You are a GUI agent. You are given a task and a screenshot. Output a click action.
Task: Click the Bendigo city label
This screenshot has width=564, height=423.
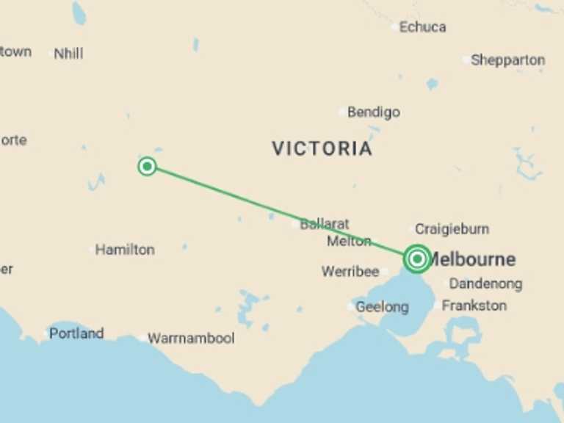click(374, 112)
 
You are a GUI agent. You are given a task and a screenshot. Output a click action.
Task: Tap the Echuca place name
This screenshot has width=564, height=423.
click(422, 27)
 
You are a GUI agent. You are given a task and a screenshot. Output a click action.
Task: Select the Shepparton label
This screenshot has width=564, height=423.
click(508, 60)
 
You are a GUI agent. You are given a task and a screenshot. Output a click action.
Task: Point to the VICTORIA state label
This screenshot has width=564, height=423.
click(322, 148)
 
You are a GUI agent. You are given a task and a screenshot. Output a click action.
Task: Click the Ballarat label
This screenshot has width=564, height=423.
click(325, 224)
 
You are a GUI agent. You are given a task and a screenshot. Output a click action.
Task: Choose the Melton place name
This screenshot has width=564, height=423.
click(349, 241)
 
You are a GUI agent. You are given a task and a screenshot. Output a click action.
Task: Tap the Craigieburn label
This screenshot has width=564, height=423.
click(452, 229)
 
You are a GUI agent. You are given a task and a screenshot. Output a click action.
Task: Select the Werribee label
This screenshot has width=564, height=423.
click(350, 272)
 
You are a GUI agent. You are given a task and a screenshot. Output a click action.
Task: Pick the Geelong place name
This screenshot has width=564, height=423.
click(382, 307)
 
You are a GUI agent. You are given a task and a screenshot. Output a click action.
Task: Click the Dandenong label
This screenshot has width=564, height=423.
click(485, 283)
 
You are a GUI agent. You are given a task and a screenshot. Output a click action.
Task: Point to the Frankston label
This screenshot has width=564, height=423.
click(474, 305)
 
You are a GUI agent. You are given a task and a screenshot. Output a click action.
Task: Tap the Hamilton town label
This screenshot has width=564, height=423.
click(125, 250)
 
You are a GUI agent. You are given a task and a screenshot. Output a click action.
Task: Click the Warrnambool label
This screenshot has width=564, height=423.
click(191, 339)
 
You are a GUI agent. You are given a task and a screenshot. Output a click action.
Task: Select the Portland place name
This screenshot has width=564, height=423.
click(76, 333)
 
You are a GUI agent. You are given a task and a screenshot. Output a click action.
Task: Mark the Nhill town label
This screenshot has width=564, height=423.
click(68, 54)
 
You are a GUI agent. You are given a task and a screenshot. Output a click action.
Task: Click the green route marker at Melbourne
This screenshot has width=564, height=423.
click(417, 258)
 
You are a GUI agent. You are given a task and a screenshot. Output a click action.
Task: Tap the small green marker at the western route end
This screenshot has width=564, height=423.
click(147, 166)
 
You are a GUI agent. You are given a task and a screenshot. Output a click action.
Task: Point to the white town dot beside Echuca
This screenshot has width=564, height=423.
click(394, 28)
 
